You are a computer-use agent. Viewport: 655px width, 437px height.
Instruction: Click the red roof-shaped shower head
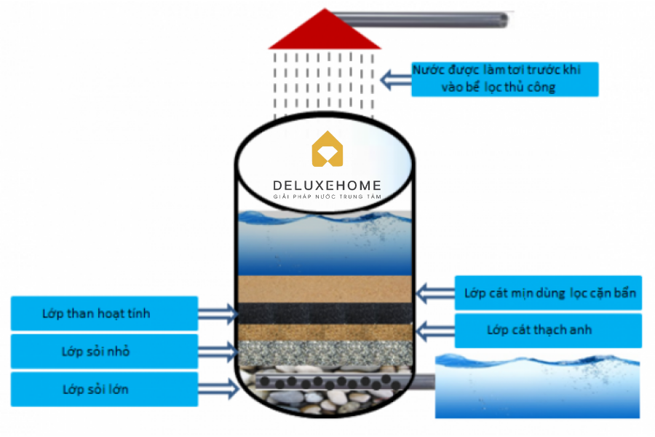(x=325, y=33)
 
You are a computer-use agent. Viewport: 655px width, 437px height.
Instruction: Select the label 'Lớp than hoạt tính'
(x=105, y=314)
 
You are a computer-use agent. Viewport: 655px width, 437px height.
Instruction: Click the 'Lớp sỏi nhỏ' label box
(x=105, y=352)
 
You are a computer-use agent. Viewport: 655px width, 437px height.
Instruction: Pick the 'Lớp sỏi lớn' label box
(x=105, y=389)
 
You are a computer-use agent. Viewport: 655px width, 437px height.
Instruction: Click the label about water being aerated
(x=505, y=79)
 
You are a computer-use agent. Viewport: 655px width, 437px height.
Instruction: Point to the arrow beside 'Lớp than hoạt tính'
(x=218, y=315)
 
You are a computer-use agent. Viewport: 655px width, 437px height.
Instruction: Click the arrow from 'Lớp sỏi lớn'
(x=218, y=390)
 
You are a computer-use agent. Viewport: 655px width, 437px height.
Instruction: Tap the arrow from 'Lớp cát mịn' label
(x=434, y=294)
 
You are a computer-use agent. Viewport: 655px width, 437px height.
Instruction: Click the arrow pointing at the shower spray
(x=396, y=79)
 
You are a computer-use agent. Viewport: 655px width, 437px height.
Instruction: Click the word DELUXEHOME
(x=327, y=186)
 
